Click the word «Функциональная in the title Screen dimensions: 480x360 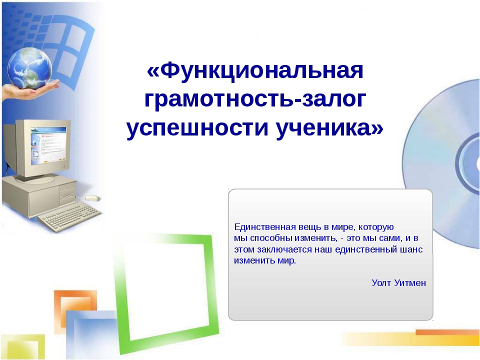click(255, 70)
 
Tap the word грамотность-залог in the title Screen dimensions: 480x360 click(255, 99)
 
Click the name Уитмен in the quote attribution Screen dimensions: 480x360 click(410, 283)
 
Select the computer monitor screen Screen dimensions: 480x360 click(48, 146)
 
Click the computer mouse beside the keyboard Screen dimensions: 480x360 click(92, 198)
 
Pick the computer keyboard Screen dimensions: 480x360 click(70, 216)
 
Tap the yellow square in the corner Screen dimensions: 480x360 click(22, 347)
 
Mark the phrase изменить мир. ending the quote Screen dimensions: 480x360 click(265, 261)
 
